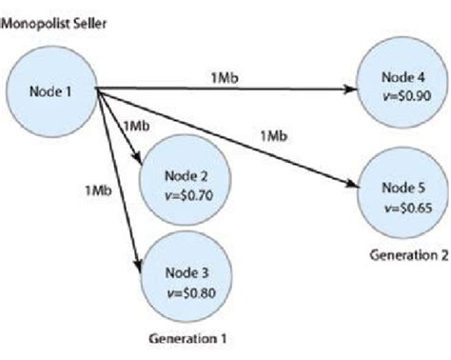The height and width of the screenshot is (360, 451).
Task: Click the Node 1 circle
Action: [50, 91]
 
